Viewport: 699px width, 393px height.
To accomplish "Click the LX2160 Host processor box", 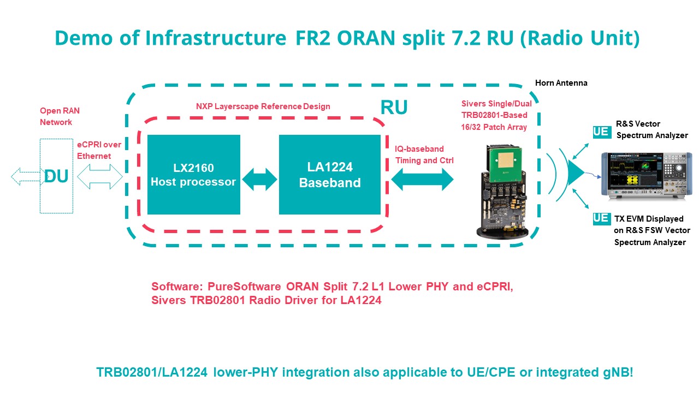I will pyautogui.click(x=193, y=175).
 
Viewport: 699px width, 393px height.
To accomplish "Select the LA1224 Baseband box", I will pyautogui.click(x=330, y=175).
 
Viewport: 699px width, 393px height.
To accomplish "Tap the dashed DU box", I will pyautogui.click(x=56, y=176).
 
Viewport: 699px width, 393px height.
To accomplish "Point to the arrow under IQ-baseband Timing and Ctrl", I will pyautogui.click(x=422, y=179).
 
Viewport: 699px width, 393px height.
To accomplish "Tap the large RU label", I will pyautogui.click(x=394, y=108).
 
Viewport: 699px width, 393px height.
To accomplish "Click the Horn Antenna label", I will pyautogui.click(x=561, y=83).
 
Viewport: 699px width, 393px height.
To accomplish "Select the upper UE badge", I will pyautogui.click(x=601, y=132).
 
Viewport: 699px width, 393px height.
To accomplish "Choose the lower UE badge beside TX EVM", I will pyautogui.click(x=601, y=218).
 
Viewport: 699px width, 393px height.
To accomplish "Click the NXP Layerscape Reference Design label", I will pyautogui.click(x=263, y=106).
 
